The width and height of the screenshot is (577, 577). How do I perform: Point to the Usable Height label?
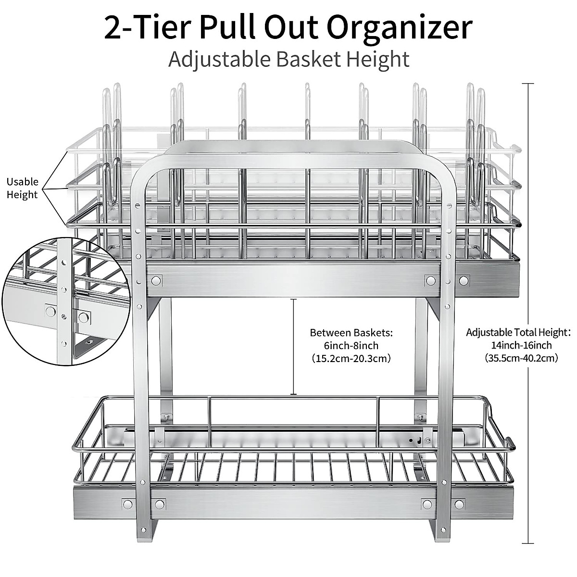(22, 188)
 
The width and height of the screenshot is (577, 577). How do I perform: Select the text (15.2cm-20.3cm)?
(351, 358)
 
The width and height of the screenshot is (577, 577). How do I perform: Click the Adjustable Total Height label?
(518, 332)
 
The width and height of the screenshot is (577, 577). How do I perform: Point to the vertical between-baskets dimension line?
(293, 346)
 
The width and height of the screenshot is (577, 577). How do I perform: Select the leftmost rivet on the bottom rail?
(127, 504)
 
